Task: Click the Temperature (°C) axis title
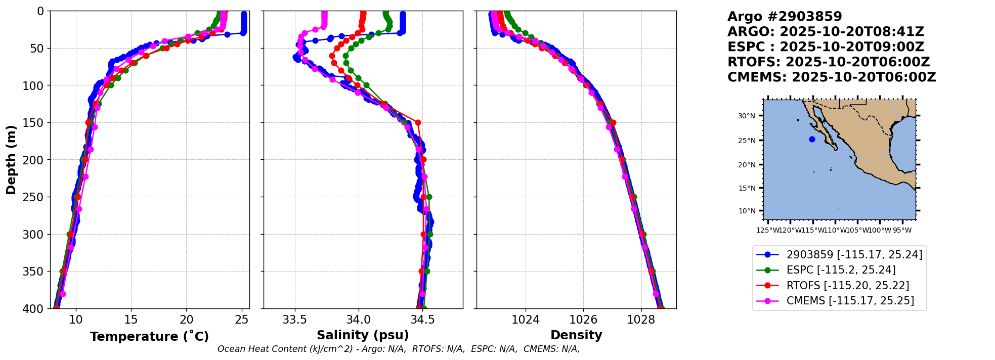click(x=149, y=337)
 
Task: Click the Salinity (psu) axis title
click(x=363, y=335)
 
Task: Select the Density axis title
click(x=576, y=335)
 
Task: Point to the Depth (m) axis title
click(x=11, y=160)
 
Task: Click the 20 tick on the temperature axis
click(x=187, y=320)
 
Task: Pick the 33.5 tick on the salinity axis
click(x=294, y=320)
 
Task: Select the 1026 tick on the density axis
click(x=583, y=320)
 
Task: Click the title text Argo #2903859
click(x=785, y=17)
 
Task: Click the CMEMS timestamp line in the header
click(x=832, y=77)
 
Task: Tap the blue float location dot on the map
click(x=812, y=139)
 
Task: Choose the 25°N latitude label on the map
click(x=746, y=141)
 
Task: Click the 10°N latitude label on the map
click(x=746, y=211)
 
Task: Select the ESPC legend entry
click(x=841, y=270)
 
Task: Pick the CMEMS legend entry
click(x=850, y=301)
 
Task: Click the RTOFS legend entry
click(x=847, y=286)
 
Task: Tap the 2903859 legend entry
click(x=854, y=255)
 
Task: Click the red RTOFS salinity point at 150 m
click(x=418, y=122)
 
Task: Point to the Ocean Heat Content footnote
click(x=399, y=349)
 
